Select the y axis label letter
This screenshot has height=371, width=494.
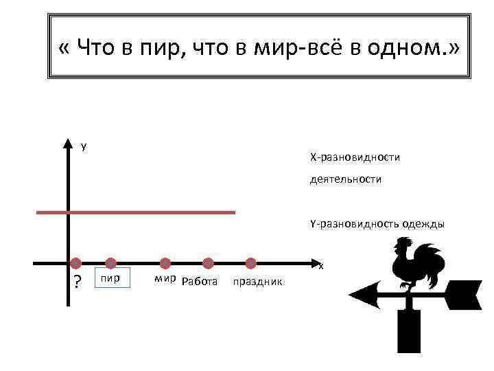[84, 146]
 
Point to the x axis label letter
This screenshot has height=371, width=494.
[320, 266]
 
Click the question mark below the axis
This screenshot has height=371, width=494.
[77, 282]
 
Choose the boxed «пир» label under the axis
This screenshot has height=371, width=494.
[111, 279]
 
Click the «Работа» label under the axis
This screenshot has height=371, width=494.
[200, 281]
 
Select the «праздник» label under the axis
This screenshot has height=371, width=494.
[258, 282]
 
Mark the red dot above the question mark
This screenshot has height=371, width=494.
[75, 263]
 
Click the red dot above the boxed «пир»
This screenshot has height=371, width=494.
[110, 263]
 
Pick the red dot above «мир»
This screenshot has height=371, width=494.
[165, 263]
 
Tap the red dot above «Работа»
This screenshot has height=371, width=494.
[209, 263]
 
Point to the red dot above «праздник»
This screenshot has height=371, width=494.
[251, 263]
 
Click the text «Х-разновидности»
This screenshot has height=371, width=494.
[355, 158]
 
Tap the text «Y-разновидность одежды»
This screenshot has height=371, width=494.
[377, 223]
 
